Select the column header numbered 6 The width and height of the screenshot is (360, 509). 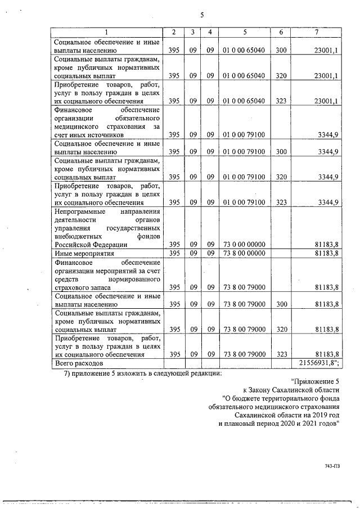coord(281,32)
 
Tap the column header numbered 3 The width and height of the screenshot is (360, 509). coord(192,32)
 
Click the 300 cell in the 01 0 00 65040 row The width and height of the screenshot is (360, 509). coord(281,50)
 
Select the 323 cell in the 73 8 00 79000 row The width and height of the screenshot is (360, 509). coord(281,354)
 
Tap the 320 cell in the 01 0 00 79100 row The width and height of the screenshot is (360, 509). coord(281,177)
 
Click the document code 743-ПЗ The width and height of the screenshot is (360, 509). coord(332,466)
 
